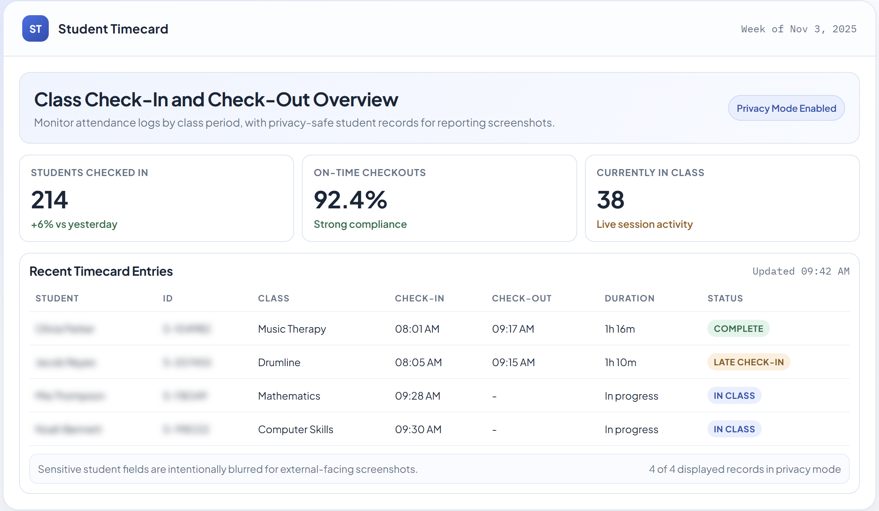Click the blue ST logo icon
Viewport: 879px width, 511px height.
click(35, 28)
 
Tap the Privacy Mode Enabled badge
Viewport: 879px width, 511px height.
click(786, 108)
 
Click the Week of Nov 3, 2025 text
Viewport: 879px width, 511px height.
click(799, 29)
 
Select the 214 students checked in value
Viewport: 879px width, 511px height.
click(50, 200)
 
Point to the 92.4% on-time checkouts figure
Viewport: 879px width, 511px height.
click(350, 200)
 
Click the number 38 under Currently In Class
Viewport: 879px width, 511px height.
click(610, 200)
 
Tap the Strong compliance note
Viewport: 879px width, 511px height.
click(360, 224)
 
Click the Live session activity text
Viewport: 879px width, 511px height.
click(644, 224)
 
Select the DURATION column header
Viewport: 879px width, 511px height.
click(629, 298)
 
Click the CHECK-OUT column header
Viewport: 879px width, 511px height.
click(521, 298)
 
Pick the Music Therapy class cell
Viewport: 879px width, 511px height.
click(292, 329)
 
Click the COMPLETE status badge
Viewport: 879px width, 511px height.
click(738, 329)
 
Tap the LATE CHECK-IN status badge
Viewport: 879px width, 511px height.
click(748, 362)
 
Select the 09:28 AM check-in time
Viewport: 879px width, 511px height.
click(417, 396)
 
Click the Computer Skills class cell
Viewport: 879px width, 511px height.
click(295, 430)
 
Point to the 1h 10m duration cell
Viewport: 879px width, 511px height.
click(620, 363)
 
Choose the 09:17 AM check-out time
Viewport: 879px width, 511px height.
click(513, 329)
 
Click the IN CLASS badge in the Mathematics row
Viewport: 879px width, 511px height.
click(734, 396)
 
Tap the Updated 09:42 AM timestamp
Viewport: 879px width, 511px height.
click(801, 271)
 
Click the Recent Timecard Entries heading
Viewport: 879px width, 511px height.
click(101, 271)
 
